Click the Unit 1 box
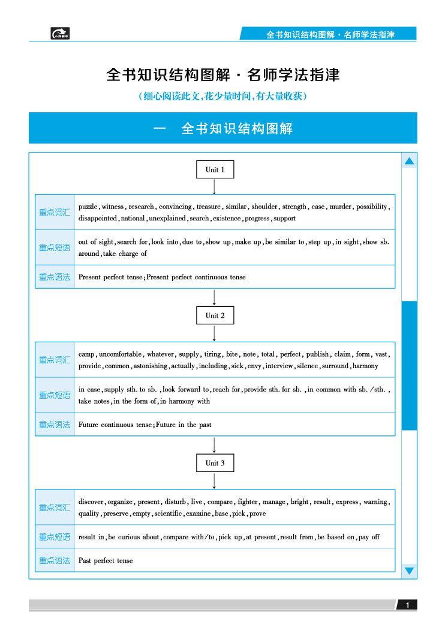pos(215,170)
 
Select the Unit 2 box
pos(215,316)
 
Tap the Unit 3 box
pos(215,463)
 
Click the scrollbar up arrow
pos(410,161)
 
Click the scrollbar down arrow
pos(410,571)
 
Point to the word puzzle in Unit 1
pos(88,207)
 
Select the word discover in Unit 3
pos(92,502)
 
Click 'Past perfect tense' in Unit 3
pos(106,560)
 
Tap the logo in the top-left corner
pos(61,34)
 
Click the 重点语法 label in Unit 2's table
pos(55,425)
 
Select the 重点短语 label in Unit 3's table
pos(55,537)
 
